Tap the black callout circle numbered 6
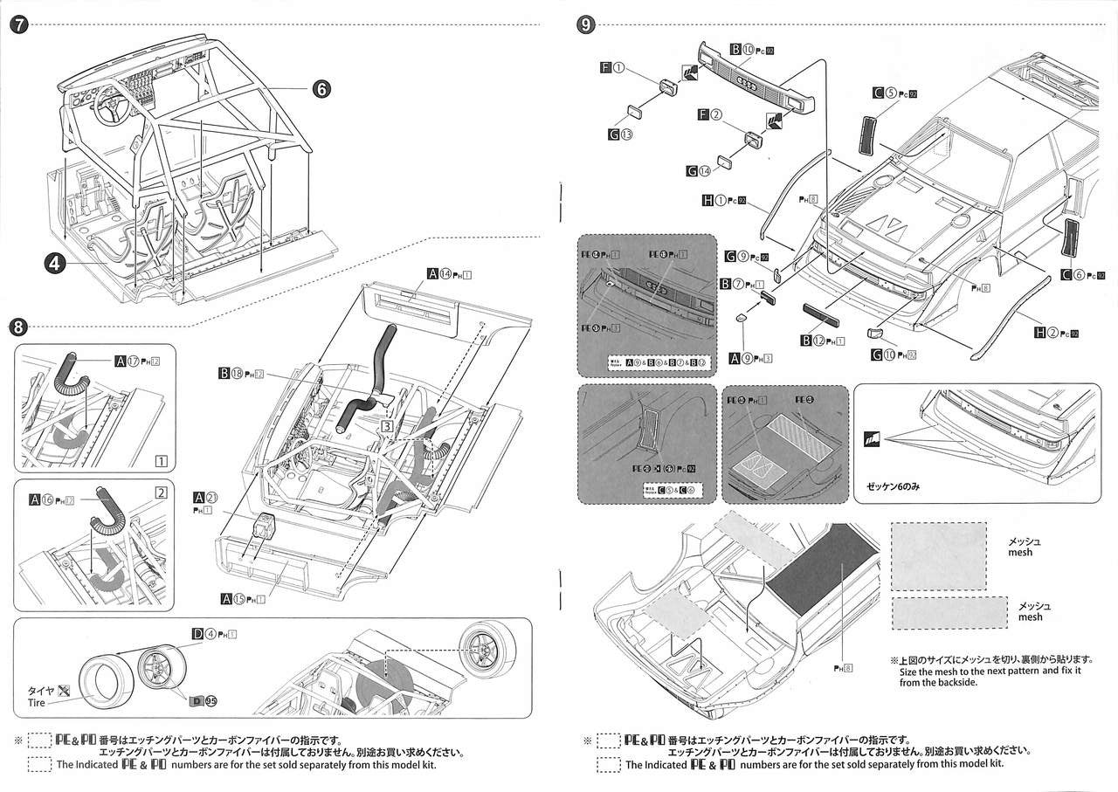(321, 88)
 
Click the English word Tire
(38, 702)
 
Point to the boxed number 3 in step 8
(386, 426)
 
